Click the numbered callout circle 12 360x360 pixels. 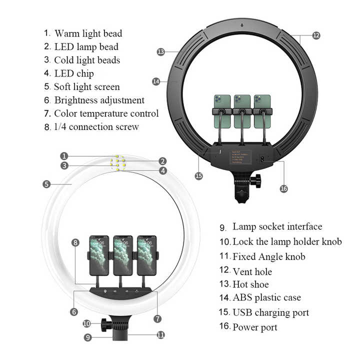tap(316, 35)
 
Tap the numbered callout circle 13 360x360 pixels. tap(160, 51)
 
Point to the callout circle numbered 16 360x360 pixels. tap(283, 188)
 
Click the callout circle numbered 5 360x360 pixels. tap(46, 184)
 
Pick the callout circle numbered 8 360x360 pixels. tap(75, 242)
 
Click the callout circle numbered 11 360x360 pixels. tap(160, 335)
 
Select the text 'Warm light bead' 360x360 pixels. tap(88, 33)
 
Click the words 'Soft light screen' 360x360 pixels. tap(86, 86)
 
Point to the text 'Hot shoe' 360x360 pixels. tap(250, 284)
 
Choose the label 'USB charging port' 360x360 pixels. tap(270, 312)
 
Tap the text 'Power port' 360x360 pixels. tap(254, 327)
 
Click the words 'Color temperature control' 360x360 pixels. tap(106, 113)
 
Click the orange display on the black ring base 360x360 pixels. tap(241, 156)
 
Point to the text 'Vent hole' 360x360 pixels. tap(252, 271)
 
